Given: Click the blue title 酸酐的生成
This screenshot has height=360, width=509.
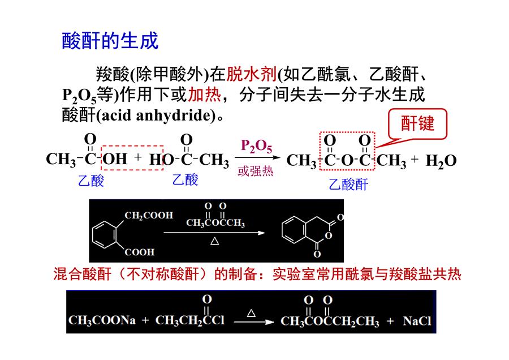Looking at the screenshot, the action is (110, 41).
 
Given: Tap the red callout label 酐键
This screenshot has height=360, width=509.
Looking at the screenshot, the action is (417, 123).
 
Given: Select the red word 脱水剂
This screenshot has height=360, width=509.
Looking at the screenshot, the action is (251, 74).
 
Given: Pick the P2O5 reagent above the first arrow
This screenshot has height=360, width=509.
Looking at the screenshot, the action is (256, 146).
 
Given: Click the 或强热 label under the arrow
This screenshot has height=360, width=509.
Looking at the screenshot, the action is (256, 170).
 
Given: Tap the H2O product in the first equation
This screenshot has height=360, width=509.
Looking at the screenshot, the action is (441, 161).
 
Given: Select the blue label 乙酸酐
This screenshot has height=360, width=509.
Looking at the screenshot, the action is (348, 185).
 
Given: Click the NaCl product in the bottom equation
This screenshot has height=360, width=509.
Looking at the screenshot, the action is (417, 321).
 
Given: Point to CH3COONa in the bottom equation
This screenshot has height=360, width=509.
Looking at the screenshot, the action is (102, 320).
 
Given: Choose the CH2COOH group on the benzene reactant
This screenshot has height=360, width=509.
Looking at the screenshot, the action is (149, 216).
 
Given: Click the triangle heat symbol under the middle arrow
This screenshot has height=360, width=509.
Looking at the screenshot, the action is (214, 241).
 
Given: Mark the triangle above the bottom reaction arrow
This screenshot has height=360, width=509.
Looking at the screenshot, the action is (251, 313).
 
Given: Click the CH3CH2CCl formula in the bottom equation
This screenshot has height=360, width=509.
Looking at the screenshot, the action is (190, 320).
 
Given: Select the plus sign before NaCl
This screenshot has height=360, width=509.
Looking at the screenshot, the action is (390, 321).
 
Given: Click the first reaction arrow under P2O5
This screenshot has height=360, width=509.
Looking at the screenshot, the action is (257, 158).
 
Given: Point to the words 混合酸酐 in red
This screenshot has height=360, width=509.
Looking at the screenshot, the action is (82, 274).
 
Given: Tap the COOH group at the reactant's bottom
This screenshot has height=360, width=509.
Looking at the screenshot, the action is (140, 252).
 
